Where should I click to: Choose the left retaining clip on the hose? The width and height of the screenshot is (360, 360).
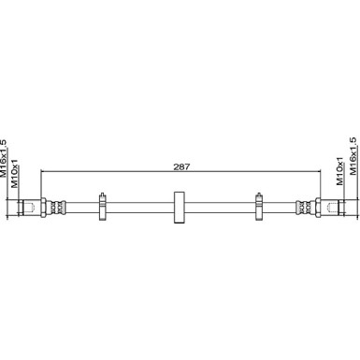tap(102, 207)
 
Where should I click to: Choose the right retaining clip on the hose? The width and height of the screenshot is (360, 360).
tap(258, 207)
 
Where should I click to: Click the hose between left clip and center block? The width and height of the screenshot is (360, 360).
tap(140, 207)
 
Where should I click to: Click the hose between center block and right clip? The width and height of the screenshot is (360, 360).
tap(220, 207)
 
